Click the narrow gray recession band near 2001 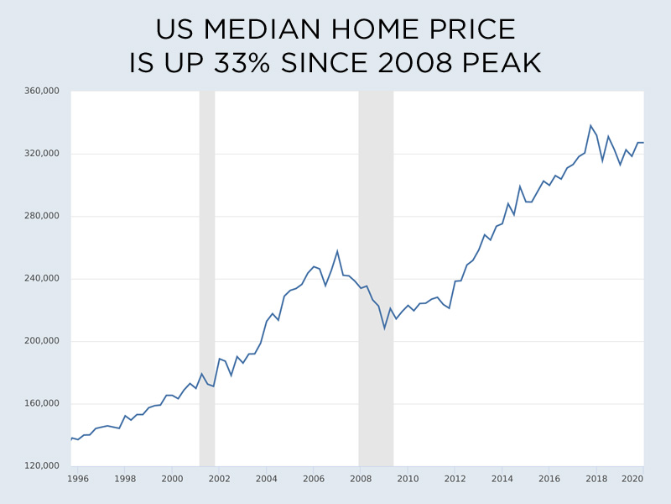(x=206, y=277)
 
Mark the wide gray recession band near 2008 (x=376, y=277)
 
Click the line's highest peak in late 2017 (x=590, y=125)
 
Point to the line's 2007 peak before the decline (x=337, y=250)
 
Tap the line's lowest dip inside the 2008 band (x=385, y=328)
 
